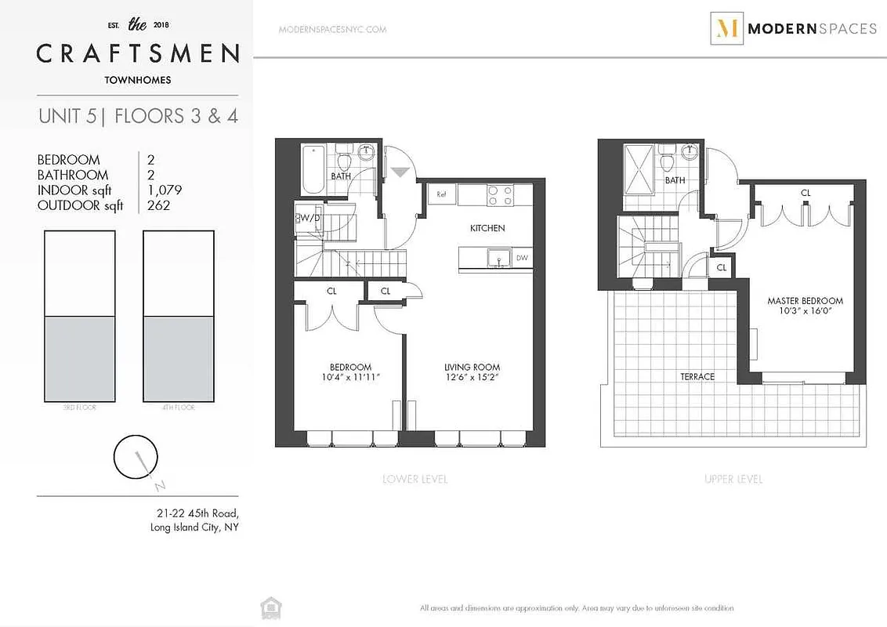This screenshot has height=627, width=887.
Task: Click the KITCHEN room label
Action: [x=487, y=228]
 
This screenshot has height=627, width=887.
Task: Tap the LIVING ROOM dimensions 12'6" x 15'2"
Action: [x=472, y=378]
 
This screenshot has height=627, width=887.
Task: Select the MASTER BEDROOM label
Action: [x=805, y=301]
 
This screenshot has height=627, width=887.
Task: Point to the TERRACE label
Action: [x=697, y=377]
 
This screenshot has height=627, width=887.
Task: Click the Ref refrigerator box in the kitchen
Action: [x=441, y=194]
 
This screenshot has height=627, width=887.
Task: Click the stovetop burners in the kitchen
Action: [x=500, y=195]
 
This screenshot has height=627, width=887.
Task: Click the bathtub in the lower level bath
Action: [x=312, y=169]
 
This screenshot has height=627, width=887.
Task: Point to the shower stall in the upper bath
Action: [x=639, y=169]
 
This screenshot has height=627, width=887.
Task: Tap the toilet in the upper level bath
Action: [x=667, y=163]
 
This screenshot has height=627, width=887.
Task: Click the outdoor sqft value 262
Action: [x=158, y=205]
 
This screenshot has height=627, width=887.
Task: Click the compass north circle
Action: [x=131, y=456]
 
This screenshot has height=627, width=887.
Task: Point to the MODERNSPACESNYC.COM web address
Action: [x=332, y=30]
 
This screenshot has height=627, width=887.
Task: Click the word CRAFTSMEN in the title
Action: [x=138, y=54]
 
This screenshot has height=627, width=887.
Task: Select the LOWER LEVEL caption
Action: [x=415, y=479]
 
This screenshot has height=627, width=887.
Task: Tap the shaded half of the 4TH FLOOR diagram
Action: [x=179, y=358]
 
